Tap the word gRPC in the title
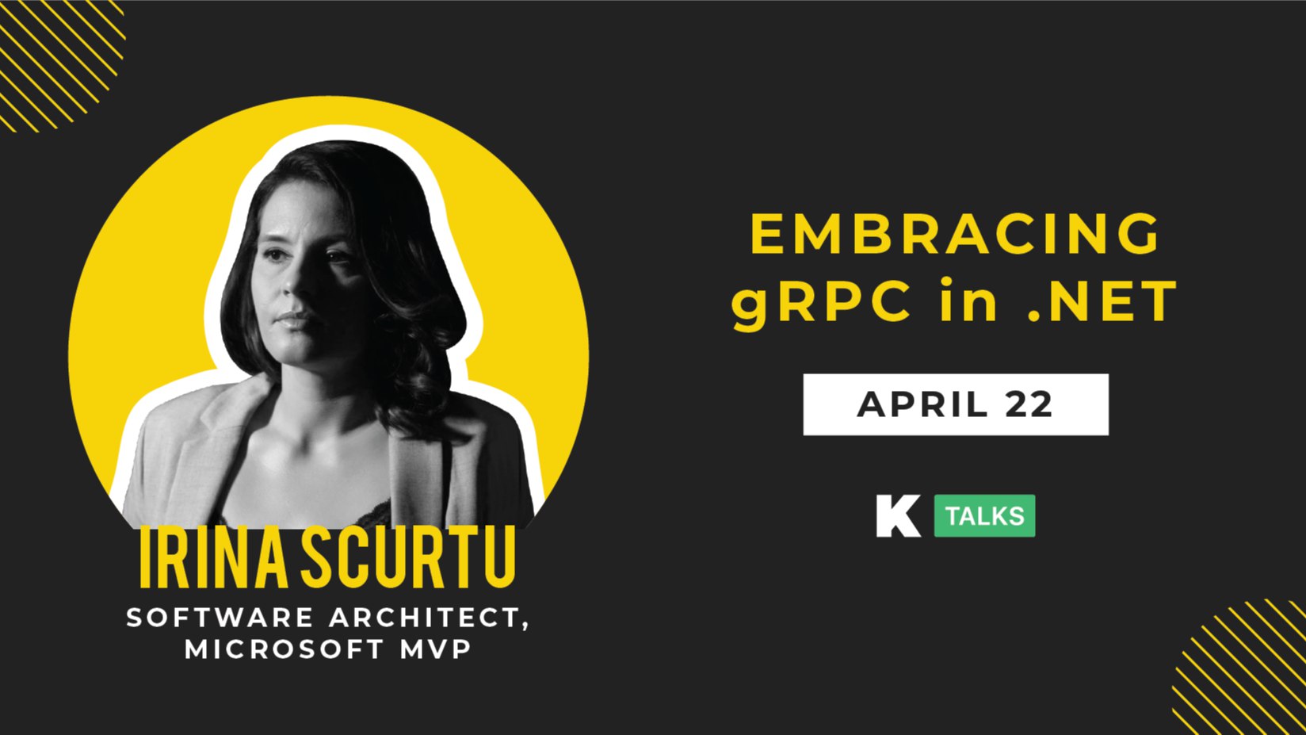click(x=821, y=302)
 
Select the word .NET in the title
click(x=1102, y=301)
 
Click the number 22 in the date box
click(x=1030, y=404)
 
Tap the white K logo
click(x=898, y=515)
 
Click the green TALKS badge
click(x=985, y=515)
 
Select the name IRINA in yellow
click(x=213, y=557)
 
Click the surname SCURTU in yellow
click(x=408, y=557)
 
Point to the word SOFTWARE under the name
click(x=220, y=618)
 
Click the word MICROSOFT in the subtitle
click(x=284, y=649)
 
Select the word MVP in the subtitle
click(x=436, y=649)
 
